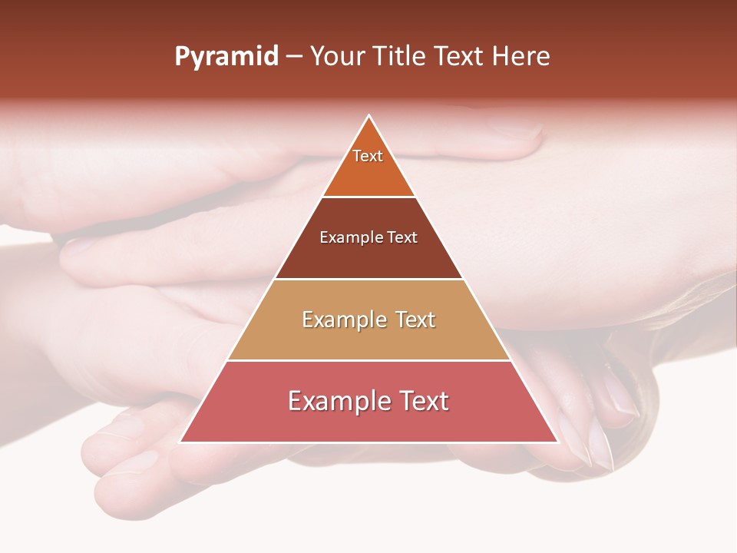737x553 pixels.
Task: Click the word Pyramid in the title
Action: (226, 57)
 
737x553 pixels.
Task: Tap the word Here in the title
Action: (521, 57)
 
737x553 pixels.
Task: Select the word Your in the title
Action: (337, 57)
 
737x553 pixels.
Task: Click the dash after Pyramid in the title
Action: (294, 58)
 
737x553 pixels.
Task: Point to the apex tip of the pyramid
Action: (369, 117)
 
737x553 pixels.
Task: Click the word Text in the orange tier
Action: (368, 156)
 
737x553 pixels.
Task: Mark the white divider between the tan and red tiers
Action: (368, 360)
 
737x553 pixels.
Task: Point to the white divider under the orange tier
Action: (368, 197)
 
